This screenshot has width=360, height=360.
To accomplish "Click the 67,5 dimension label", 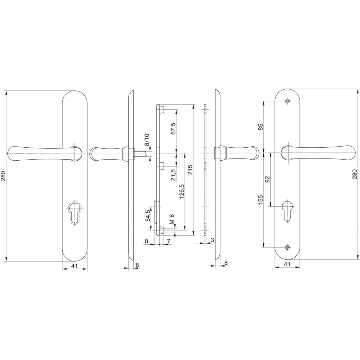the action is click(173, 129).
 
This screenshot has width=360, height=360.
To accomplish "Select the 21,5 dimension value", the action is click(173, 175).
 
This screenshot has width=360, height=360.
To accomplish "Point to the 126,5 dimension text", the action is click(182, 191).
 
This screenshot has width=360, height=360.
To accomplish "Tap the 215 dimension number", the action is click(190, 170).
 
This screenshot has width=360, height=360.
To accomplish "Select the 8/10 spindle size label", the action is click(147, 140).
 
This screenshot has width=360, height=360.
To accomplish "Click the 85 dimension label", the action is click(261, 127).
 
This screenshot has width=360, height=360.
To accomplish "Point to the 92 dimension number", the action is click(268, 179).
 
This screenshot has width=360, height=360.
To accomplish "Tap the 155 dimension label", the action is click(261, 200).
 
